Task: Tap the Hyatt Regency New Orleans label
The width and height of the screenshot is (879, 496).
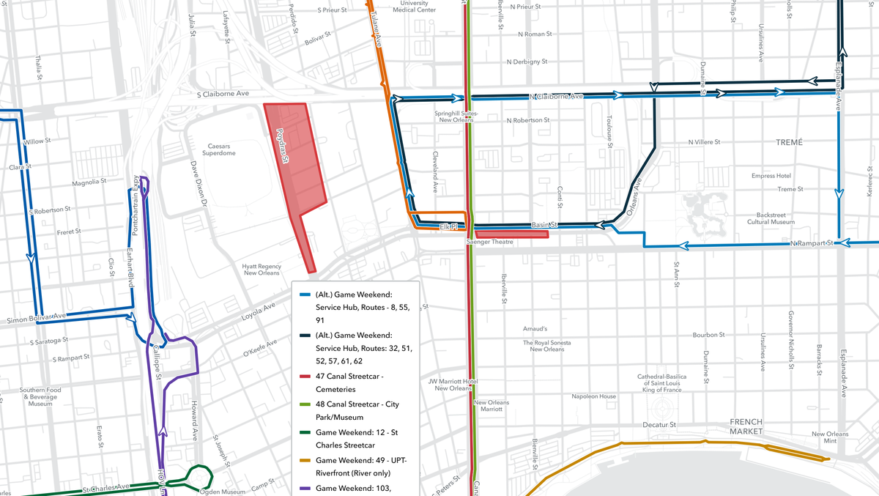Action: pos(262,270)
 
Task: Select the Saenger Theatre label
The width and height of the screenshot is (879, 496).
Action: pos(486,242)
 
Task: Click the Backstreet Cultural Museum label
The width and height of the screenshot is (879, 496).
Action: pos(771,218)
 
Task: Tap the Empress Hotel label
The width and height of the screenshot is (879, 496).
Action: pos(771,176)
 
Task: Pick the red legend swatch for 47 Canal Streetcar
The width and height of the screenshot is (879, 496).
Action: pos(304,377)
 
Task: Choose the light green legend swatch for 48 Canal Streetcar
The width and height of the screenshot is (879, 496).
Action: pos(304,404)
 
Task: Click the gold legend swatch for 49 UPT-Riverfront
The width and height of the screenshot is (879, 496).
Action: pos(304,460)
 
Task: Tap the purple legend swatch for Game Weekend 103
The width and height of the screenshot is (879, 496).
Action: pos(304,488)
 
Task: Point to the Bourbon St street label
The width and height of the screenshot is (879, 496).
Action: pos(708,335)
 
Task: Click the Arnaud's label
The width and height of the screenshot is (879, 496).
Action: pos(535,329)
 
